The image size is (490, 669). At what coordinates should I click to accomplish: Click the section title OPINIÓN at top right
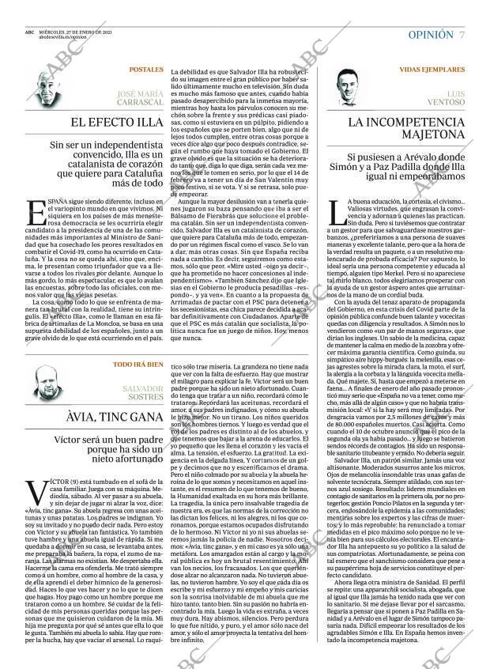(x=431, y=35)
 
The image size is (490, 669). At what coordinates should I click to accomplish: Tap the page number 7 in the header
(x=462, y=35)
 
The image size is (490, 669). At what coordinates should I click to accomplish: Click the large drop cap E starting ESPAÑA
(x=32, y=212)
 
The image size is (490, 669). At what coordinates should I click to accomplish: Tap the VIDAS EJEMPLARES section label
(x=432, y=70)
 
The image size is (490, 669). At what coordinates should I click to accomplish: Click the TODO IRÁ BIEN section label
(x=138, y=365)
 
